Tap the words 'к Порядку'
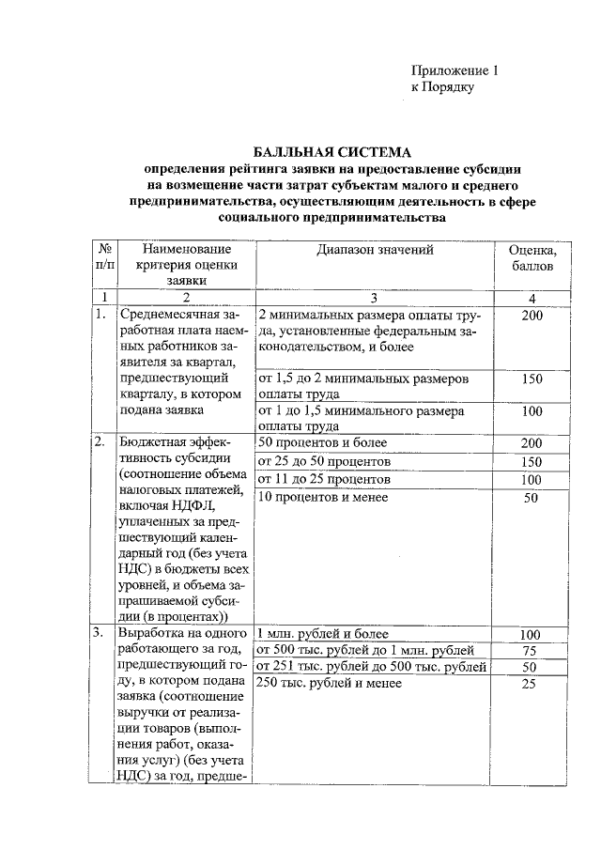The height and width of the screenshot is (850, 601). point(444,87)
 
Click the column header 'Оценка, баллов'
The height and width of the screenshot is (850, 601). point(532,258)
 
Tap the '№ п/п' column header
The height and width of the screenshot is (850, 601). point(103,258)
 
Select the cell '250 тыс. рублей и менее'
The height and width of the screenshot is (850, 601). point(329,684)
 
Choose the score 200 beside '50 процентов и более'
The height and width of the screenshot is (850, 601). point(532,443)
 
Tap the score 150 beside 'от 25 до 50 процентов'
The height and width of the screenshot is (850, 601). point(532,461)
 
